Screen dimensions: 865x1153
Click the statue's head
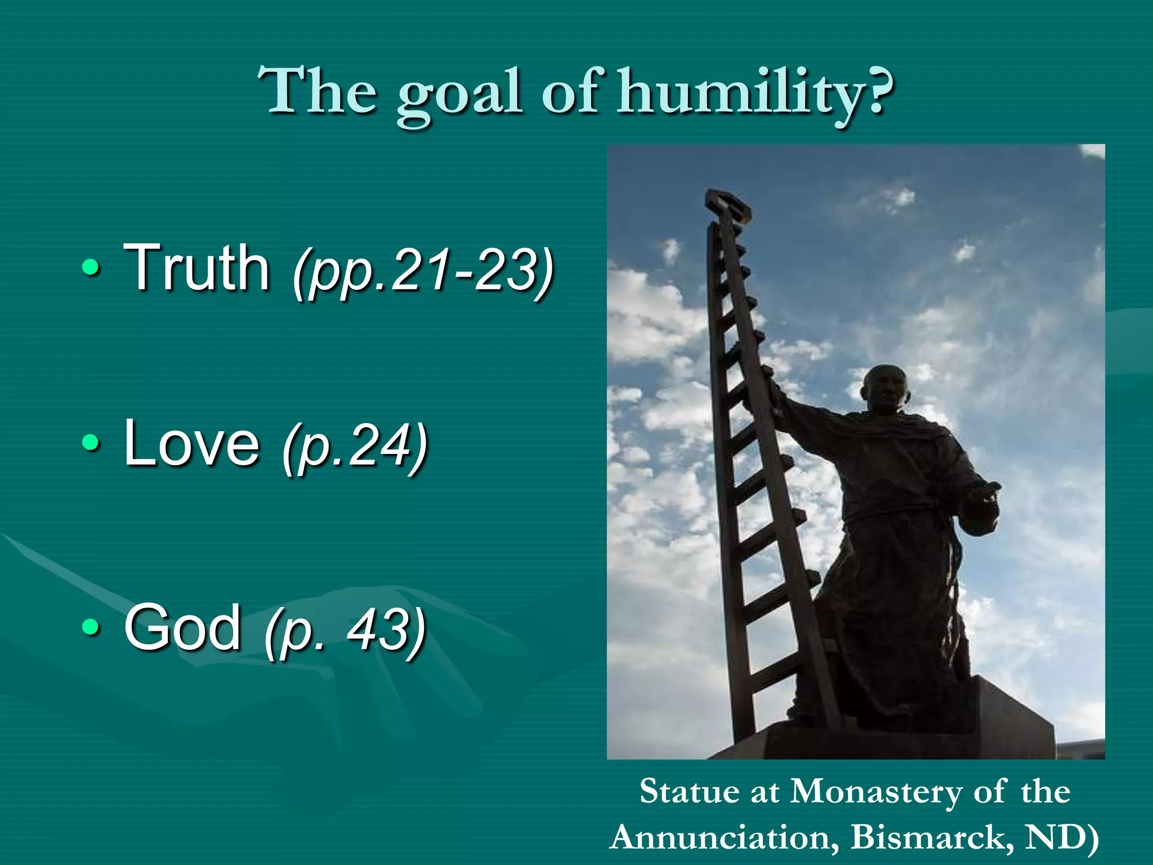tap(883, 389)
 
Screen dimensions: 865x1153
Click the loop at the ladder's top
tap(728, 204)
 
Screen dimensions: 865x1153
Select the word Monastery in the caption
tap(875, 792)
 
